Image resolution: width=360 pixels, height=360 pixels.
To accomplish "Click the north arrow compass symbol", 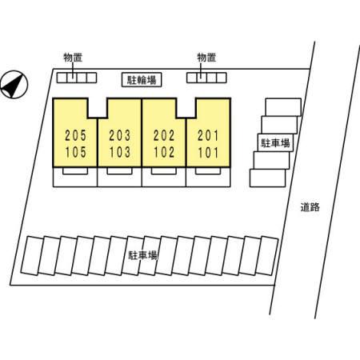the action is click(x=14, y=85).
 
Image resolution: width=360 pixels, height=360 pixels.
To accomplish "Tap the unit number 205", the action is click(x=76, y=135).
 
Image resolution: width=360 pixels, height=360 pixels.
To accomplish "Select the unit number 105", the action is click(x=76, y=152).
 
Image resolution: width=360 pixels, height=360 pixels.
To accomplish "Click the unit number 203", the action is click(x=120, y=135).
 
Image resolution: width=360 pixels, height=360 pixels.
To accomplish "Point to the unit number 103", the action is click(x=120, y=152).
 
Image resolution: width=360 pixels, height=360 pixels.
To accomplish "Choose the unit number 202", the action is click(x=164, y=135).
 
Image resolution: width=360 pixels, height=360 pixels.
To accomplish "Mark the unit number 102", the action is click(x=164, y=152).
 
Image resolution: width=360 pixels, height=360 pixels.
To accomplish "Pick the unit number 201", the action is click(x=208, y=135).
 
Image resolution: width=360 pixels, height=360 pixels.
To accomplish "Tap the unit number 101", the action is click(x=208, y=152).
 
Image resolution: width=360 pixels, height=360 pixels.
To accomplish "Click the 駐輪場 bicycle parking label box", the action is click(x=142, y=80).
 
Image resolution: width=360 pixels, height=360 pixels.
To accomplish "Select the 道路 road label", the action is click(x=310, y=207).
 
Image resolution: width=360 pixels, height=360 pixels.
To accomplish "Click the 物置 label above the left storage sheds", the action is click(x=73, y=58).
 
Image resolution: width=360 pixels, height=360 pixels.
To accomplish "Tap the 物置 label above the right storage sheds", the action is click(x=206, y=58).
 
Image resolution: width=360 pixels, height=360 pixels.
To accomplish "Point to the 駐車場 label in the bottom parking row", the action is click(x=143, y=255).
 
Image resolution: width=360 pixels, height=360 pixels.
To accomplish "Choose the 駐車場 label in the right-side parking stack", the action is click(x=275, y=143).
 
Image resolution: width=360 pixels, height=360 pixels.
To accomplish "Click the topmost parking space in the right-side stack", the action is click(x=283, y=107).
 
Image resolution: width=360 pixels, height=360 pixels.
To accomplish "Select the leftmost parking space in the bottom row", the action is click(x=32, y=255).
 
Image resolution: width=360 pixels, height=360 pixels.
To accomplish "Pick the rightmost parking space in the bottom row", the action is click(x=266, y=255).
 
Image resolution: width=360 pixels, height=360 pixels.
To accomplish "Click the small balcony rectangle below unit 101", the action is click(x=208, y=171).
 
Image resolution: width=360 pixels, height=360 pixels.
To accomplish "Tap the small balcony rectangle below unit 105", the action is click(x=75, y=171).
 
